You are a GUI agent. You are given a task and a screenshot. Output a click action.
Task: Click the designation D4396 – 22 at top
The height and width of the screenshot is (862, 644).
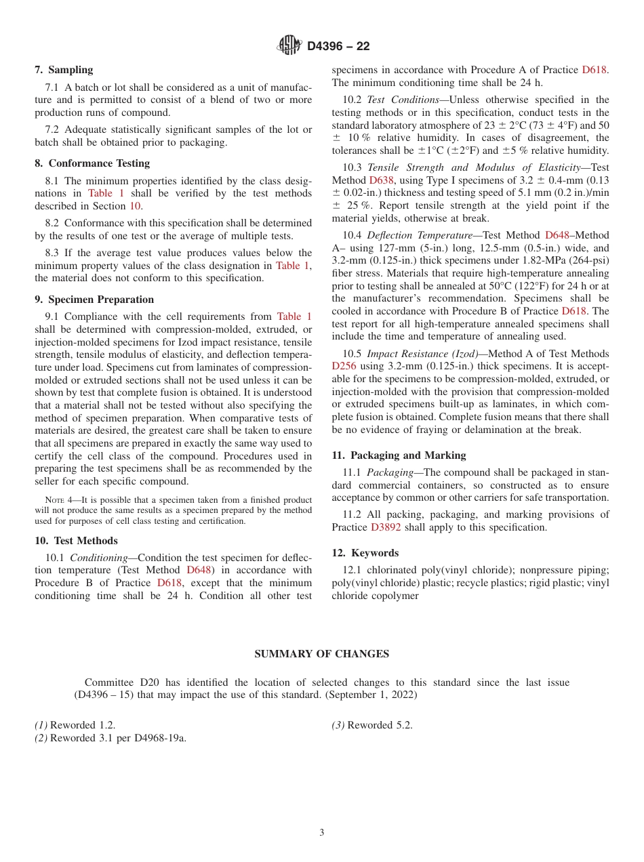(x=338, y=46)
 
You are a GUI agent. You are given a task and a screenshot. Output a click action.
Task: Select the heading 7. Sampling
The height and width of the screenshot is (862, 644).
(x=64, y=70)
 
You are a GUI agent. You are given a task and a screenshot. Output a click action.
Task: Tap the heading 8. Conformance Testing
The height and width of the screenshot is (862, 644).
(x=92, y=163)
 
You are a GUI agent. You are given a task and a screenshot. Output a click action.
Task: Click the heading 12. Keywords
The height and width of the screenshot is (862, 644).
(x=365, y=553)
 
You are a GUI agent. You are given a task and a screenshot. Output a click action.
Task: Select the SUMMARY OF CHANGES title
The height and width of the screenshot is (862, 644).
(x=321, y=654)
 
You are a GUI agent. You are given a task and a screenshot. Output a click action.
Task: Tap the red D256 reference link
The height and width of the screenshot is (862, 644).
(x=344, y=366)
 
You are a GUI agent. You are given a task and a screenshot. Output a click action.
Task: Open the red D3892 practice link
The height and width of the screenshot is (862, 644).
(x=386, y=527)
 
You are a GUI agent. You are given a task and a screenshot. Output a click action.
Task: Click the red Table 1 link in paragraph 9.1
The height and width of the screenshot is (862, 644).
(x=294, y=316)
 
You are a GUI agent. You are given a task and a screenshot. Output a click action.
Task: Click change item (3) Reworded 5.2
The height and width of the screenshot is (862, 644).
(x=371, y=725)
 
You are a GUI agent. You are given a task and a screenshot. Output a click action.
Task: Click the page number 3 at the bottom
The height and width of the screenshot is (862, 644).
(x=322, y=833)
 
